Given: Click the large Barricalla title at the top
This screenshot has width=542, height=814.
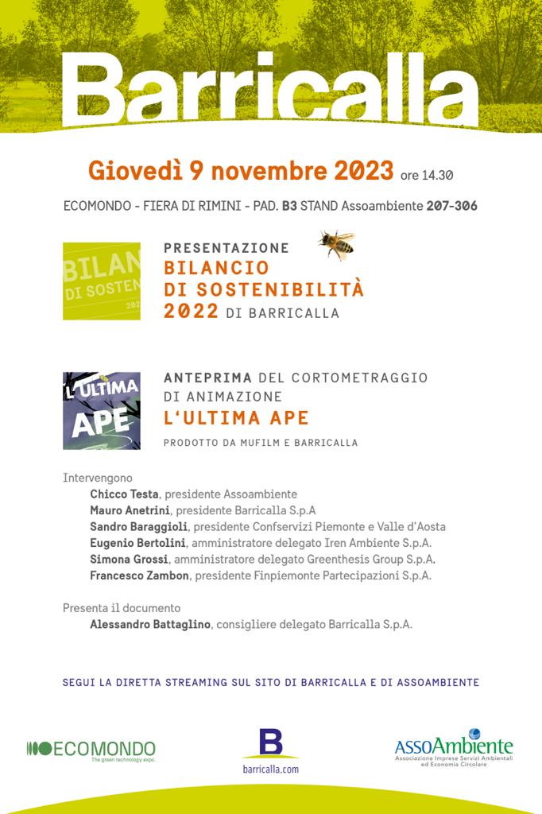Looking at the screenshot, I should coord(270,86).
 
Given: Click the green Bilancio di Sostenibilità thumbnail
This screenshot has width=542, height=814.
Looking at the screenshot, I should coord(102,281).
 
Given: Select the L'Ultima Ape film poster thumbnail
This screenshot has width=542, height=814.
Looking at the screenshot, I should coord(102,410).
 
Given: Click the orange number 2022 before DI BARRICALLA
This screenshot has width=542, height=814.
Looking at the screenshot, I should coord(191,312).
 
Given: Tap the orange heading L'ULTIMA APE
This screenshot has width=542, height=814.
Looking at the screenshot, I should coord(236,418).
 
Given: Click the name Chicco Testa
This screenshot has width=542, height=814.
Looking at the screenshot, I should coord(124,494).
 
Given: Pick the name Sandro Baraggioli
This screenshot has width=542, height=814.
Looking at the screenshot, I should coord(138,526).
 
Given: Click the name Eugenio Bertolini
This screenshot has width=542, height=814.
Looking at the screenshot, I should coord(137,543).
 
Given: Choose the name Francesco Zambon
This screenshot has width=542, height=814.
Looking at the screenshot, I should coord(139,576).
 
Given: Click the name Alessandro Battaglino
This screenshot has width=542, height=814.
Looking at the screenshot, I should coord(150,625).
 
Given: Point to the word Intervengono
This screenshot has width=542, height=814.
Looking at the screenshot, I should coord(98,478).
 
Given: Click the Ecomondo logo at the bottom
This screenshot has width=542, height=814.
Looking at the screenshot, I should coord(91,749).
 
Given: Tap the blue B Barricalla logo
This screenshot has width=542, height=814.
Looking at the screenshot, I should coord(271,743).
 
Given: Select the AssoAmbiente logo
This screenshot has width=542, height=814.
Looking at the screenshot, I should coord(454,748).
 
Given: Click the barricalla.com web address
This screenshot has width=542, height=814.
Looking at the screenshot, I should coord(270,769).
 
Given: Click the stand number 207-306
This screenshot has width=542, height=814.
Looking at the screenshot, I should coord(451,206).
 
